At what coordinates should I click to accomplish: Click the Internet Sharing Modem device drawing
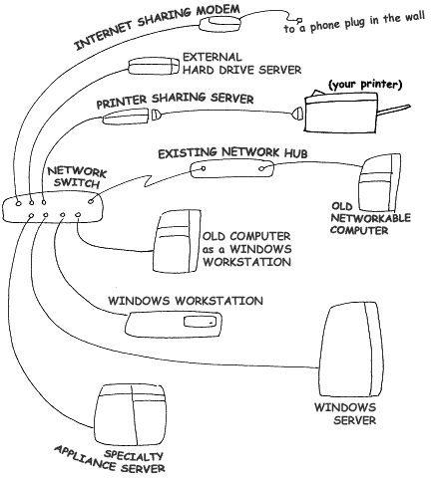pyautogui.click(x=219, y=24)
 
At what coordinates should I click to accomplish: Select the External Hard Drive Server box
pyautogui.click(x=155, y=66)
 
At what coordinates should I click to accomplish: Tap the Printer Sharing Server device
pyautogui.click(x=125, y=117)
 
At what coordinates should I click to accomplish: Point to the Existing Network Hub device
pyautogui.click(x=232, y=169)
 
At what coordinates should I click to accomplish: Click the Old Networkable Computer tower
pyautogui.click(x=380, y=183)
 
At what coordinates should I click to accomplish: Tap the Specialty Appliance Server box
pyautogui.click(x=130, y=415)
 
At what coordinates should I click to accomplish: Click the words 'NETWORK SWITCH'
pyautogui.click(x=77, y=177)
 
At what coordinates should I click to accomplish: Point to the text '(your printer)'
pyautogui.click(x=365, y=85)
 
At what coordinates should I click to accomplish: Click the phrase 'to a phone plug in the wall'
pyautogui.click(x=354, y=22)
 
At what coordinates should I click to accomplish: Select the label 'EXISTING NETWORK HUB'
pyautogui.click(x=232, y=153)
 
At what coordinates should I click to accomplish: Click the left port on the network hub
pyautogui.click(x=203, y=168)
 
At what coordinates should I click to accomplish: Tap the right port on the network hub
pyautogui.click(x=262, y=168)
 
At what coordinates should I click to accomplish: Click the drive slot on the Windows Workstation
pyautogui.click(x=200, y=322)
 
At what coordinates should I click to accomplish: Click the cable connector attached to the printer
pyautogui.click(x=297, y=114)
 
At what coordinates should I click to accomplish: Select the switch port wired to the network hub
pyautogui.click(x=91, y=201)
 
